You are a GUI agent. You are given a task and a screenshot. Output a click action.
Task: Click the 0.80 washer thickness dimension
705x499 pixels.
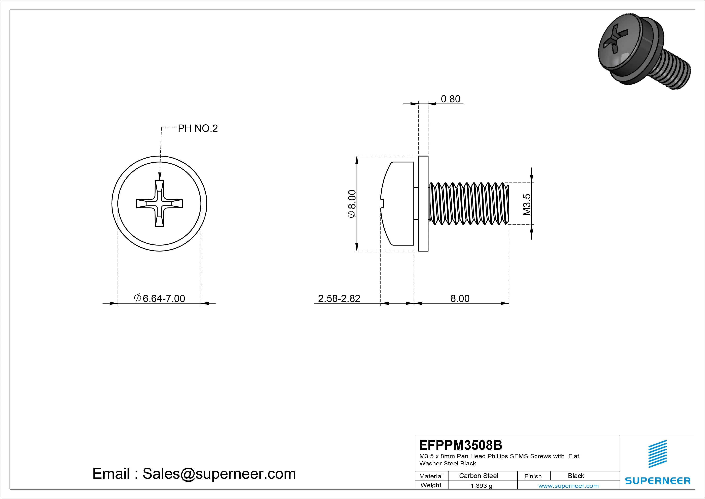(x=450, y=99)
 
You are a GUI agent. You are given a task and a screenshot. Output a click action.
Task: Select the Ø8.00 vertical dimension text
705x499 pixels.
(x=351, y=204)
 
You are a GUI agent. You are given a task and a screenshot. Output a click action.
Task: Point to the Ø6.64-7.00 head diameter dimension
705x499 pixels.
(x=159, y=298)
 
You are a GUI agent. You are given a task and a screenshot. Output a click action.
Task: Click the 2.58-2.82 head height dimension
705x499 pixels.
(x=339, y=299)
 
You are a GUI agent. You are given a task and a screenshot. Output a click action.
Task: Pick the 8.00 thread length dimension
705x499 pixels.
(x=460, y=299)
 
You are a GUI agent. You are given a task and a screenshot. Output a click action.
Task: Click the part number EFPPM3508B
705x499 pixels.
(x=460, y=445)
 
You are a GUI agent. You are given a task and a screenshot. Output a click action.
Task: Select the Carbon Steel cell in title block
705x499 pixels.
(x=478, y=476)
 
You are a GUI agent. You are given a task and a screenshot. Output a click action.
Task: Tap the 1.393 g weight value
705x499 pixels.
(x=481, y=486)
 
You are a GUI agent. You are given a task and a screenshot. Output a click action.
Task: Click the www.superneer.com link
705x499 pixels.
(x=568, y=486)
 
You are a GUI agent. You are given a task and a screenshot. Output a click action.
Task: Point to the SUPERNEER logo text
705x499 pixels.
(x=657, y=480)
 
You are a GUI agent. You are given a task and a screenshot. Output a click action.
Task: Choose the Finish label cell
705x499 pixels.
(x=533, y=476)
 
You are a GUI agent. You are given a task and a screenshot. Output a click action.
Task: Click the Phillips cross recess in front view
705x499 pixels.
(x=159, y=204)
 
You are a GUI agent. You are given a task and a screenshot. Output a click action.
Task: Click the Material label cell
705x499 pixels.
(x=431, y=476)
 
